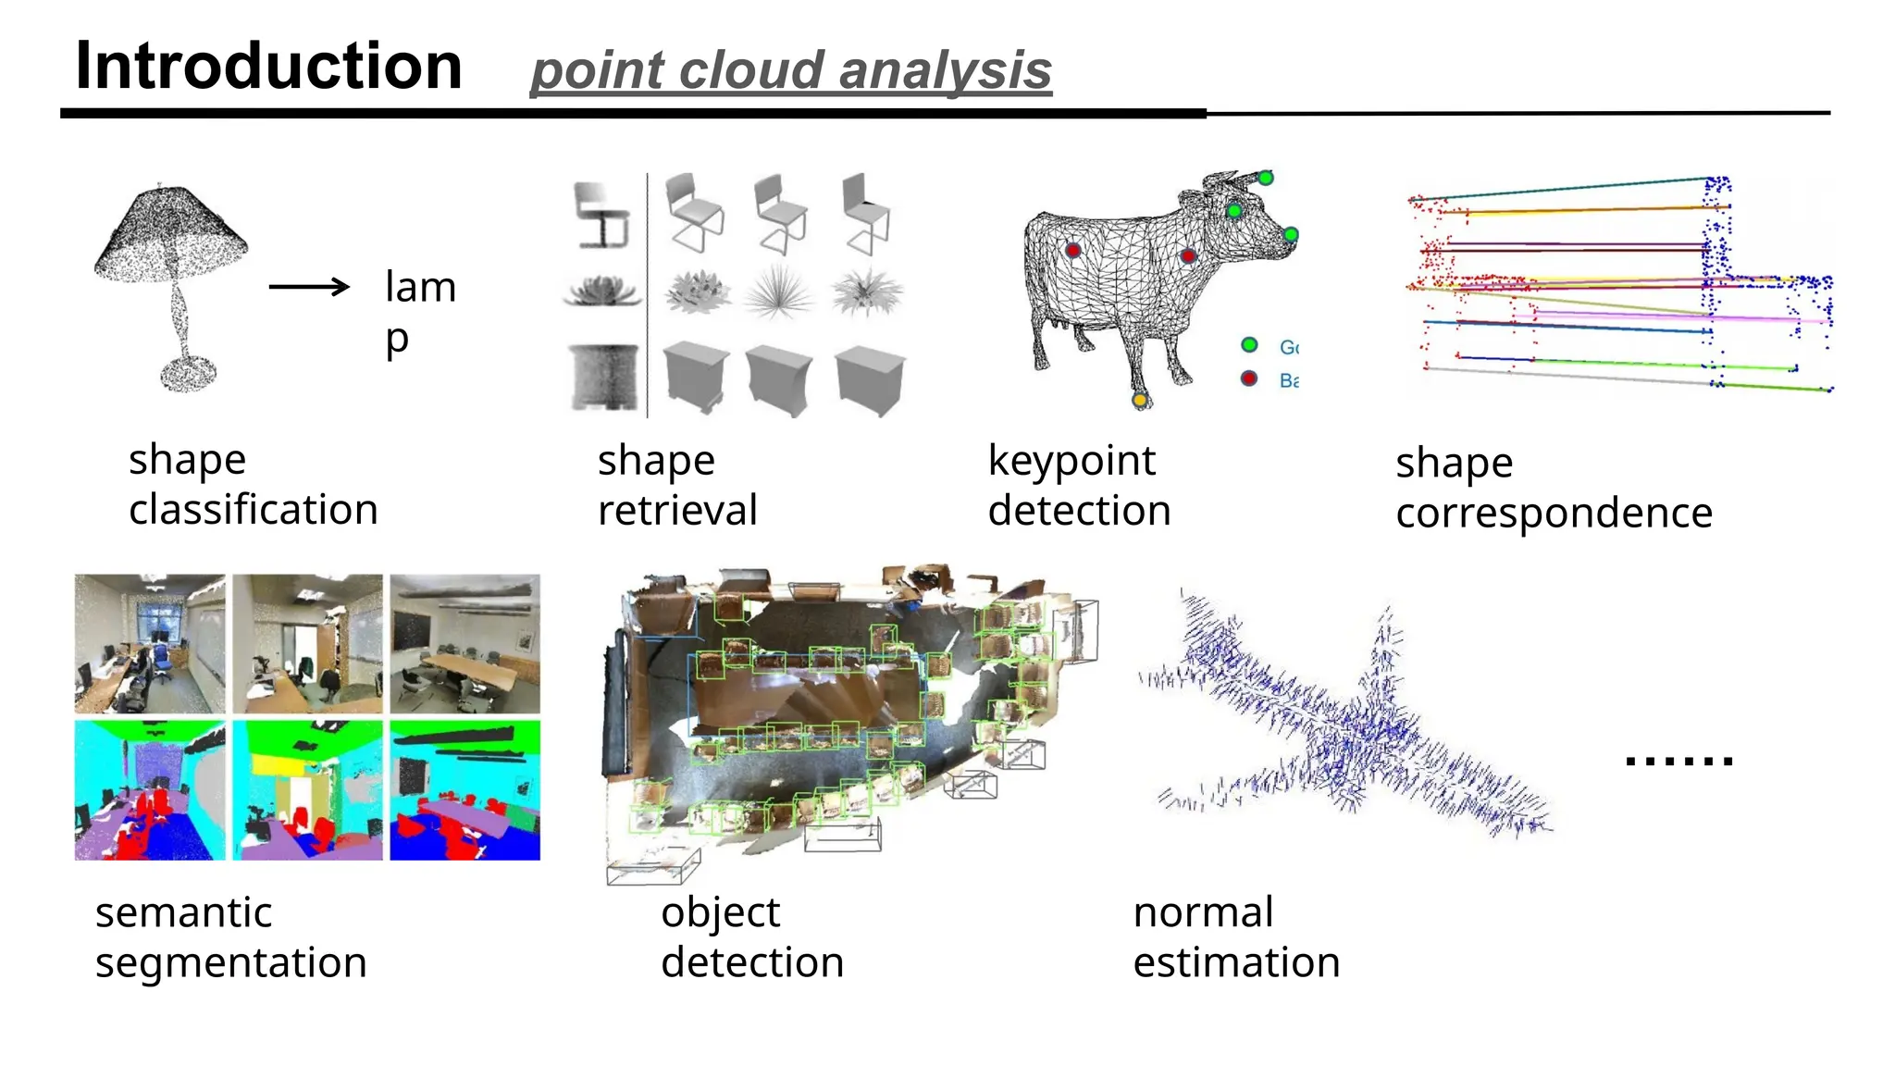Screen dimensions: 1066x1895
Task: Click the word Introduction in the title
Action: pos(268,67)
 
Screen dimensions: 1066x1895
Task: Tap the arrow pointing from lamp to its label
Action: pos(309,287)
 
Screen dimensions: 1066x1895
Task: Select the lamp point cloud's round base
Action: pos(189,375)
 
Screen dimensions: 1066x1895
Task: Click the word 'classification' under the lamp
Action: pos(253,510)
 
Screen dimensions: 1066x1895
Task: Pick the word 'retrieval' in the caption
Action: pos(677,511)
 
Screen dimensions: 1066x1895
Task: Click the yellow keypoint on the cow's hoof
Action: pos(1140,400)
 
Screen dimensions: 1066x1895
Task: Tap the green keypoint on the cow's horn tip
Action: pos(1266,178)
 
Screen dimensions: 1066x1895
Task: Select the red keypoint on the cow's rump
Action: pos(1073,250)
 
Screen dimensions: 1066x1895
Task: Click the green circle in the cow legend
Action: pos(1249,345)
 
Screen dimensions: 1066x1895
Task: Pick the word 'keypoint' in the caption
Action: pos(1071,461)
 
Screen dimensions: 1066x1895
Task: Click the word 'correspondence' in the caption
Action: pos(1554,513)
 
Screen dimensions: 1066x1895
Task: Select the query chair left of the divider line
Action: pos(601,215)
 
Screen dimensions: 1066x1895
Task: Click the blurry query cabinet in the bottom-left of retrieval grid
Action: pos(604,377)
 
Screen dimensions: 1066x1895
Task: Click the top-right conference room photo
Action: pos(464,644)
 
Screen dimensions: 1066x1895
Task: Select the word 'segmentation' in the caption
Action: pos(231,962)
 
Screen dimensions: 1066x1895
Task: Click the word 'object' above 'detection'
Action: pos(720,913)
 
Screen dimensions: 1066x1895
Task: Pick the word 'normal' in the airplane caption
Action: pos(1203,912)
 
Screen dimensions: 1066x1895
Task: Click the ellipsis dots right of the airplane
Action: pos(1678,761)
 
